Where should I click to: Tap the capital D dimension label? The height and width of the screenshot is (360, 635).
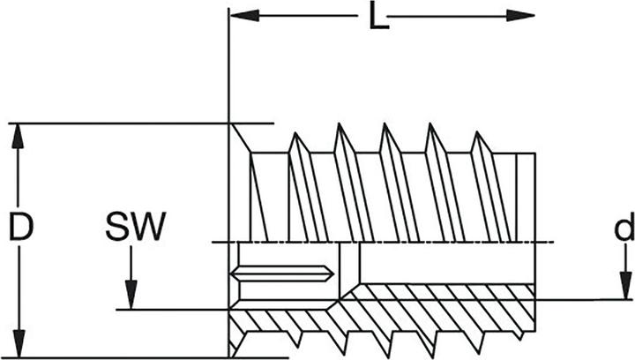point(21,227)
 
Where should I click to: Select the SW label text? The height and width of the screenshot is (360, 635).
point(136,226)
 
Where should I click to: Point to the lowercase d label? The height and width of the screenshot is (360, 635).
point(624,227)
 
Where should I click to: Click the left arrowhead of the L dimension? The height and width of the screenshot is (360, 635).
point(244,16)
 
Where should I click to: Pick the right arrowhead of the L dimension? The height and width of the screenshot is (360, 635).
point(520,16)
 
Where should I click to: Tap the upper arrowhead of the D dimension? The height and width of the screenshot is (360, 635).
point(18,136)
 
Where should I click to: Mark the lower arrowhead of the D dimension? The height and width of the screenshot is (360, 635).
point(19,344)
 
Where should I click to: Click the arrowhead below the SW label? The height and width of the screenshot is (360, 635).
point(131,296)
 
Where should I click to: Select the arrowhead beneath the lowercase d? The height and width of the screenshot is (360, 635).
point(625,286)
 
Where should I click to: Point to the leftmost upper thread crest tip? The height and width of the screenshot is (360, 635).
point(295,132)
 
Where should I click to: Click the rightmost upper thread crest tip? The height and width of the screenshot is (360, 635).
point(477,131)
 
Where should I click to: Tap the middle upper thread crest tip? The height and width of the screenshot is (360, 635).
point(385,124)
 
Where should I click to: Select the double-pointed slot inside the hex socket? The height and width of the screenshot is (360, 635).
point(283,274)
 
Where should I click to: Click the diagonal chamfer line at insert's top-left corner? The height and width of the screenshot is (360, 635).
point(241,138)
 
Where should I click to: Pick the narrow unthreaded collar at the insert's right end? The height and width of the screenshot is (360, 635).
point(526,198)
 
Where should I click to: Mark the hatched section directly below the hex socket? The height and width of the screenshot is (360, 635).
point(283,320)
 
